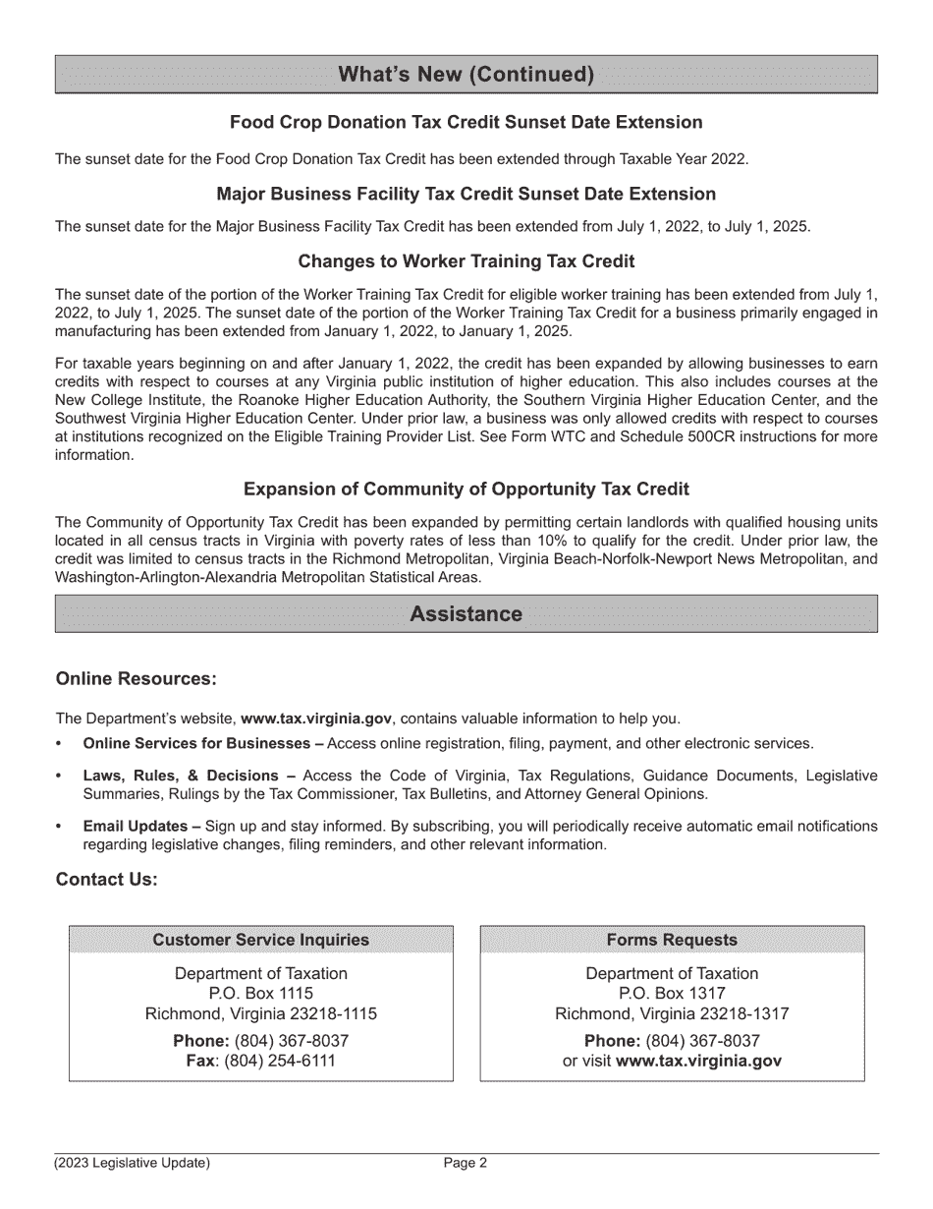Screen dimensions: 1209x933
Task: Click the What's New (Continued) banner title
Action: (466, 75)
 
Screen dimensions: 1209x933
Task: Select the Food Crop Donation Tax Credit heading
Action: (466, 123)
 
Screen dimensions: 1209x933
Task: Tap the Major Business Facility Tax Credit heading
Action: (466, 194)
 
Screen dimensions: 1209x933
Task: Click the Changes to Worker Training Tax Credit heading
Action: (466, 261)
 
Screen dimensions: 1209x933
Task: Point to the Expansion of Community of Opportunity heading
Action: (466, 489)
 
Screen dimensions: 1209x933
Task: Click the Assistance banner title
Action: (466, 614)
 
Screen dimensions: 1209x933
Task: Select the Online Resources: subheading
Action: (136, 679)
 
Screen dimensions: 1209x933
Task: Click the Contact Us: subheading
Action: (106, 880)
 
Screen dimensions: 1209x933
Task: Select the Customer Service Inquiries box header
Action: (261, 940)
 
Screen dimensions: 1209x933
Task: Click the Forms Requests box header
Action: (672, 940)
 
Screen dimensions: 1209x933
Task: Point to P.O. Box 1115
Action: (261, 994)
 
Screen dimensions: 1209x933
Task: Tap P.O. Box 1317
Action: (672, 994)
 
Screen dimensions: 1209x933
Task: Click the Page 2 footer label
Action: (466, 1164)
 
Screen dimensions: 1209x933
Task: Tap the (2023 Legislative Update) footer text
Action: (133, 1164)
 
